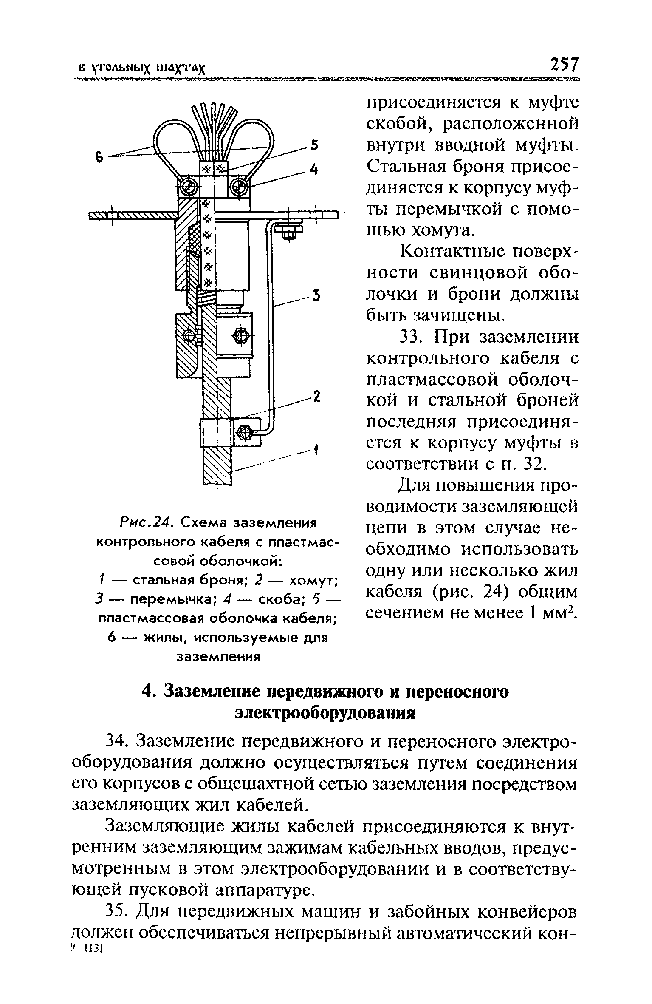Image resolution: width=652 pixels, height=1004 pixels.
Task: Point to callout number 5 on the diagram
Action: click(x=315, y=146)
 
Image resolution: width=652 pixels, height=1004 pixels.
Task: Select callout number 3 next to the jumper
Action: click(x=316, y=295)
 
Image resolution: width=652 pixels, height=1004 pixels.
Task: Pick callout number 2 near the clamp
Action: click(x=316, y=397)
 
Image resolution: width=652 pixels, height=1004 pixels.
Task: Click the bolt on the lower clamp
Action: click(x=244, y=433)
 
